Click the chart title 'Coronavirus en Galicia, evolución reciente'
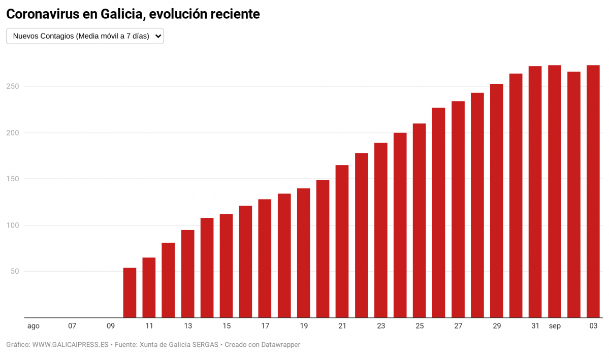tap(133, 14)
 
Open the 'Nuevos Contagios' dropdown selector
tap(85, 36)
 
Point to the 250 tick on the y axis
tap(13, 86)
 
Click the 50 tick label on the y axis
tap(15, 271)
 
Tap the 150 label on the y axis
tap(13, 179)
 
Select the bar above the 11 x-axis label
tap(149, 287)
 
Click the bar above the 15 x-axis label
tap(226, 266)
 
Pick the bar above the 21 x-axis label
tap(342, 241)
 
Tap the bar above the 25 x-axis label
tap(419, 220)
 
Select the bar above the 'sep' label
tap(555, 191)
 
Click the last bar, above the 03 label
tap(593, 191)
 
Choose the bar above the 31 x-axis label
tap(535, 192)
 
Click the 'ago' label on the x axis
tap(34, 326)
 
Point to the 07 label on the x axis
tap(72, 326)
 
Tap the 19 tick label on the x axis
tap(304, 326)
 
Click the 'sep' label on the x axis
tap(555, 326)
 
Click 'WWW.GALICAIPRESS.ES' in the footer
tap(70, 345)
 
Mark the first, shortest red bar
tap(130, 292)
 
